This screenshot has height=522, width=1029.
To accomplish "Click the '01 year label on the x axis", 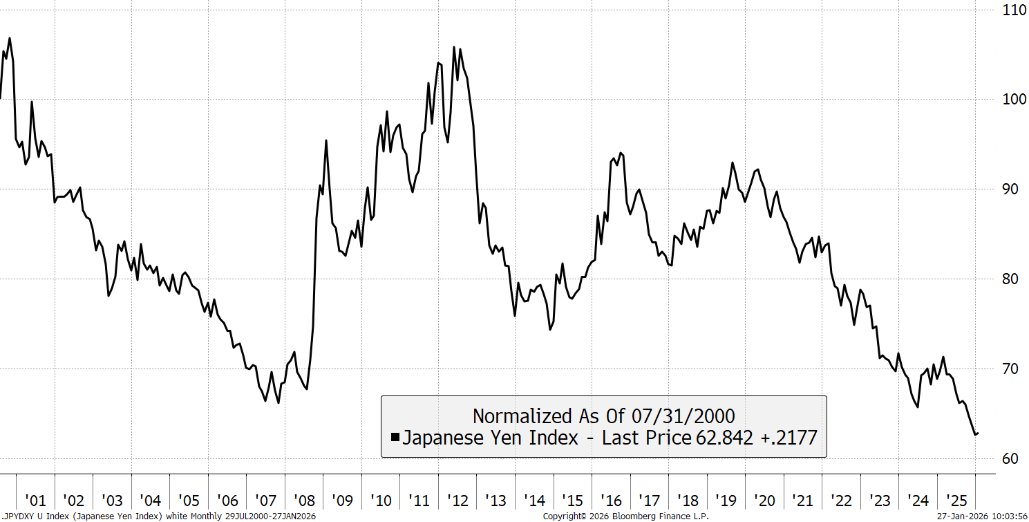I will [35, 501].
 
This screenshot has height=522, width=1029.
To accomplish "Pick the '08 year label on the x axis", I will [304, 501].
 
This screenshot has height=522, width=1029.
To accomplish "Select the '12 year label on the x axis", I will [457, 501].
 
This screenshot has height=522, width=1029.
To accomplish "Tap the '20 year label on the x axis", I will [764, 501].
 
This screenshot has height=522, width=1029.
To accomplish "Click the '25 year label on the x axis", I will [956, 501].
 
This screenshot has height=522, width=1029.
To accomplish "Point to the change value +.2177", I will [788, 438].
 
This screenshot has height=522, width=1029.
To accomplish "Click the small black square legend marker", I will [395, 437].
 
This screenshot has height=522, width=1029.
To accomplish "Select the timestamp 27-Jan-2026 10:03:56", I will [981, 516].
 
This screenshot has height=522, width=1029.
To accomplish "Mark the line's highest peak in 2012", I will [454, 47].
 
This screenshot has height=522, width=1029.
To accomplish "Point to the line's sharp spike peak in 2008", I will [326, 140].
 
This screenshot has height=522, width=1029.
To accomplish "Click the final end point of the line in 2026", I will [978, 434].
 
